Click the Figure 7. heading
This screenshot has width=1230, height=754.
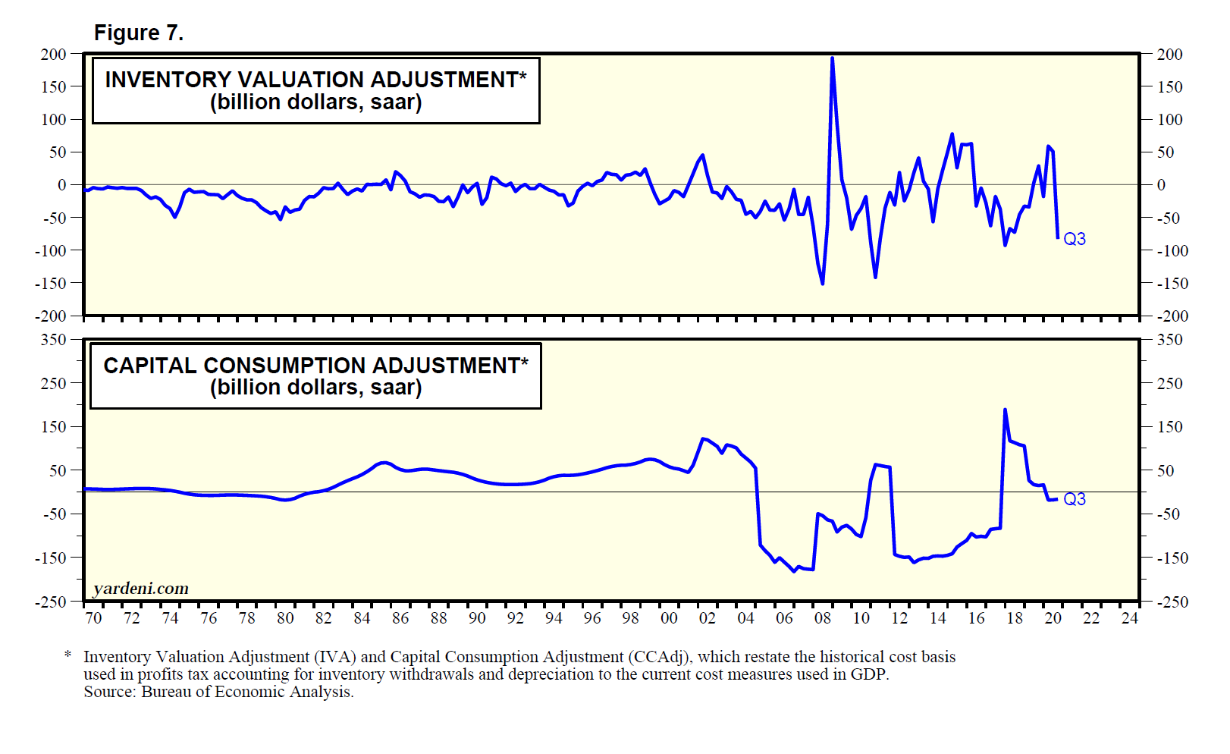[139, 33]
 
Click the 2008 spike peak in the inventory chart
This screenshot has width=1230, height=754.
[832, 58]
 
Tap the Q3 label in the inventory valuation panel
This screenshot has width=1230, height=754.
[1075, 239]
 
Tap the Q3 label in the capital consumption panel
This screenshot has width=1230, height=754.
[1075, 499]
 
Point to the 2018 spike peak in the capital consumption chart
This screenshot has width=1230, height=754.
[1005, 410]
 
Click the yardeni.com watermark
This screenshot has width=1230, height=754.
[141, 589]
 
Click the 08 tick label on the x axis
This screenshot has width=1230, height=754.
[823, 618]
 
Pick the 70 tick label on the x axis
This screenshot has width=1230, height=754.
[93, 618]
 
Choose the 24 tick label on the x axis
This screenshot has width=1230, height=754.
[1130, 618]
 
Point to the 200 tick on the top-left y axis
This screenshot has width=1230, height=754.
[54, 55]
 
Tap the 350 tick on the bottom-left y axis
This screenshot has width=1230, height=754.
[54, 340]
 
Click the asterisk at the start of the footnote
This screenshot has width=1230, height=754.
[68, 655]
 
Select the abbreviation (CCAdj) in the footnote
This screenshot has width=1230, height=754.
[659, 657]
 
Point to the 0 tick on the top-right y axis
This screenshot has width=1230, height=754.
[1161, 185]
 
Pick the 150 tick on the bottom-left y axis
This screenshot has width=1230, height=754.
[54, 427]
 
